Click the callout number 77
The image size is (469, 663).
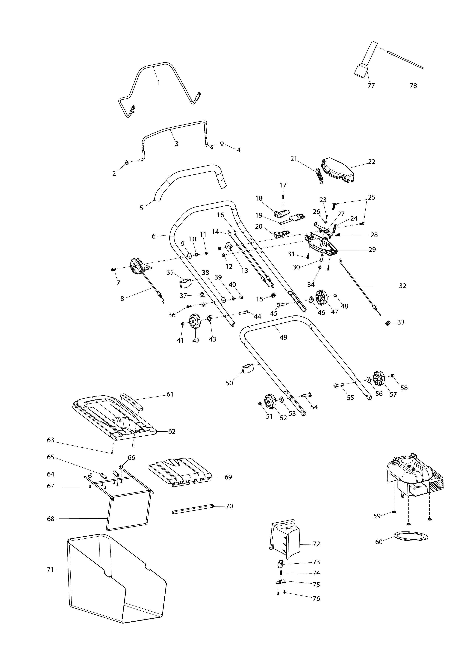pyautogui.click(x=371, y=86)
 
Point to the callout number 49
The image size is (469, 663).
pyautogui.click(x=283, y=337)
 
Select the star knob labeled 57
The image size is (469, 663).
pyautogui.click(x=379, y=379)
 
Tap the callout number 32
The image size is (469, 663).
pyautogui.click(x=403, y=286)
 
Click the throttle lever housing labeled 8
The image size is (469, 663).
pyautogui.click(x=138, y=266)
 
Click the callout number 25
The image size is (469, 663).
pyautogui.click(x=372, y=197)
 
